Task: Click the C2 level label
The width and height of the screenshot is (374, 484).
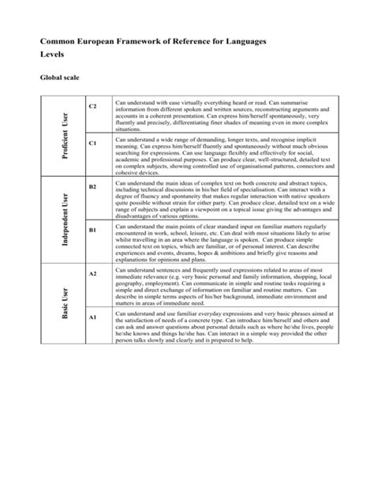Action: click(92, 106)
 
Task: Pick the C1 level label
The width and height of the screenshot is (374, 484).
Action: click(92, 144)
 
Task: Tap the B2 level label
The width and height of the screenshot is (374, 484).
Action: click(92, 186)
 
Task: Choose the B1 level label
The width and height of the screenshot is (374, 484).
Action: click(92, 230)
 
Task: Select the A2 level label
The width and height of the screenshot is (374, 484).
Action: click(92, 273)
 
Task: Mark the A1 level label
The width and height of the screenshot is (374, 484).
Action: click(92, 317)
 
